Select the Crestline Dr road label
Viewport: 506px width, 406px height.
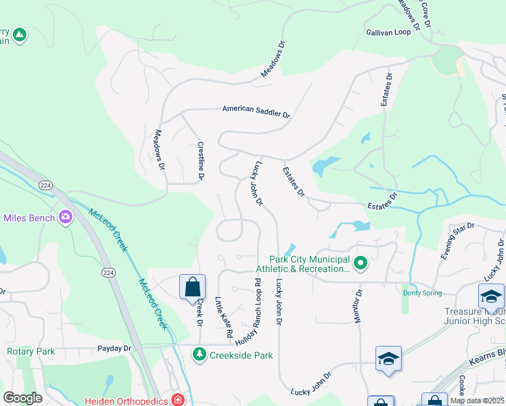200,161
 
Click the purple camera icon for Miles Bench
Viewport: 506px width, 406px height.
66,217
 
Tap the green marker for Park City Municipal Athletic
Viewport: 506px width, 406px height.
361,262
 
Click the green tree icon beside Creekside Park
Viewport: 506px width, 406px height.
200,354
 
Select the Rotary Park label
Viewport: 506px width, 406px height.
30,351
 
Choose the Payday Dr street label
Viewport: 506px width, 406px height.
114,348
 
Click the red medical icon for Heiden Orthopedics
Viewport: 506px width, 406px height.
178,399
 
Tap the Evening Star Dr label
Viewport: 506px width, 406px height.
455,241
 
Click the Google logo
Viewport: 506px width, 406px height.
23,398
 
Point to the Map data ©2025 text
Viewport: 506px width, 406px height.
478,401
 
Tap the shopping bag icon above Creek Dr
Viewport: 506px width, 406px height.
193,286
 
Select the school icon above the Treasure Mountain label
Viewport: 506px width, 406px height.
491,296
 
